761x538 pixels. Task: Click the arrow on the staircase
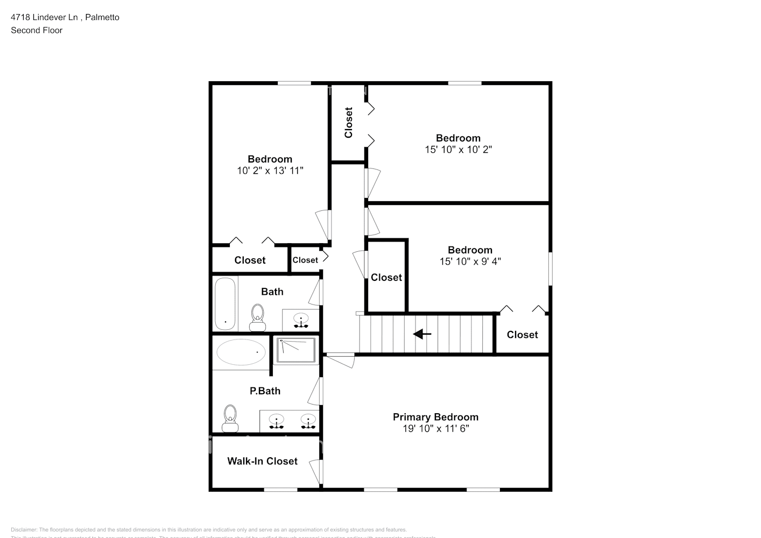tap(422, 335)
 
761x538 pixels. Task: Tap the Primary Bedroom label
tap(435, 417)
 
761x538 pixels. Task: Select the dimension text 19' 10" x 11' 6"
tap(435, 429)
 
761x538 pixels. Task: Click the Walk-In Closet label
tap(262, 461)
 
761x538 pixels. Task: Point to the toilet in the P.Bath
tap(230, 419)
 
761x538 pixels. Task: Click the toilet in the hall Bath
tap(258, 317)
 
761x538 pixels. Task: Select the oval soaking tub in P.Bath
tap(241, 352)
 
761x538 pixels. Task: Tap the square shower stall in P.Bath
tap(296, 351)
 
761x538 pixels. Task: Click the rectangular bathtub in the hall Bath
tap(225, 303)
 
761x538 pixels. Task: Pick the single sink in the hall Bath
tap(301, 320)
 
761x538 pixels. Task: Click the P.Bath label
tap(265, 391)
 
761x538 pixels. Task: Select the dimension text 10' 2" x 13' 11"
tap(270, 171)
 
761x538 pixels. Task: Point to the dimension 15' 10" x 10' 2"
tap(458, 150)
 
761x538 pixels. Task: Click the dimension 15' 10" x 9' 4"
tap(470, 261)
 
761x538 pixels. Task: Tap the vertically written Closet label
tap(348, 123)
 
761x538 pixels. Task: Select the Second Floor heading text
tap(37, 30)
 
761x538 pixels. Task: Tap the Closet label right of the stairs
tap(522, 335)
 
